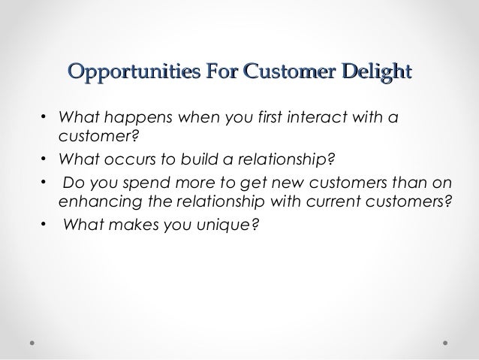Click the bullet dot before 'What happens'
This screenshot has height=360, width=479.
click(x=43, y=119)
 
